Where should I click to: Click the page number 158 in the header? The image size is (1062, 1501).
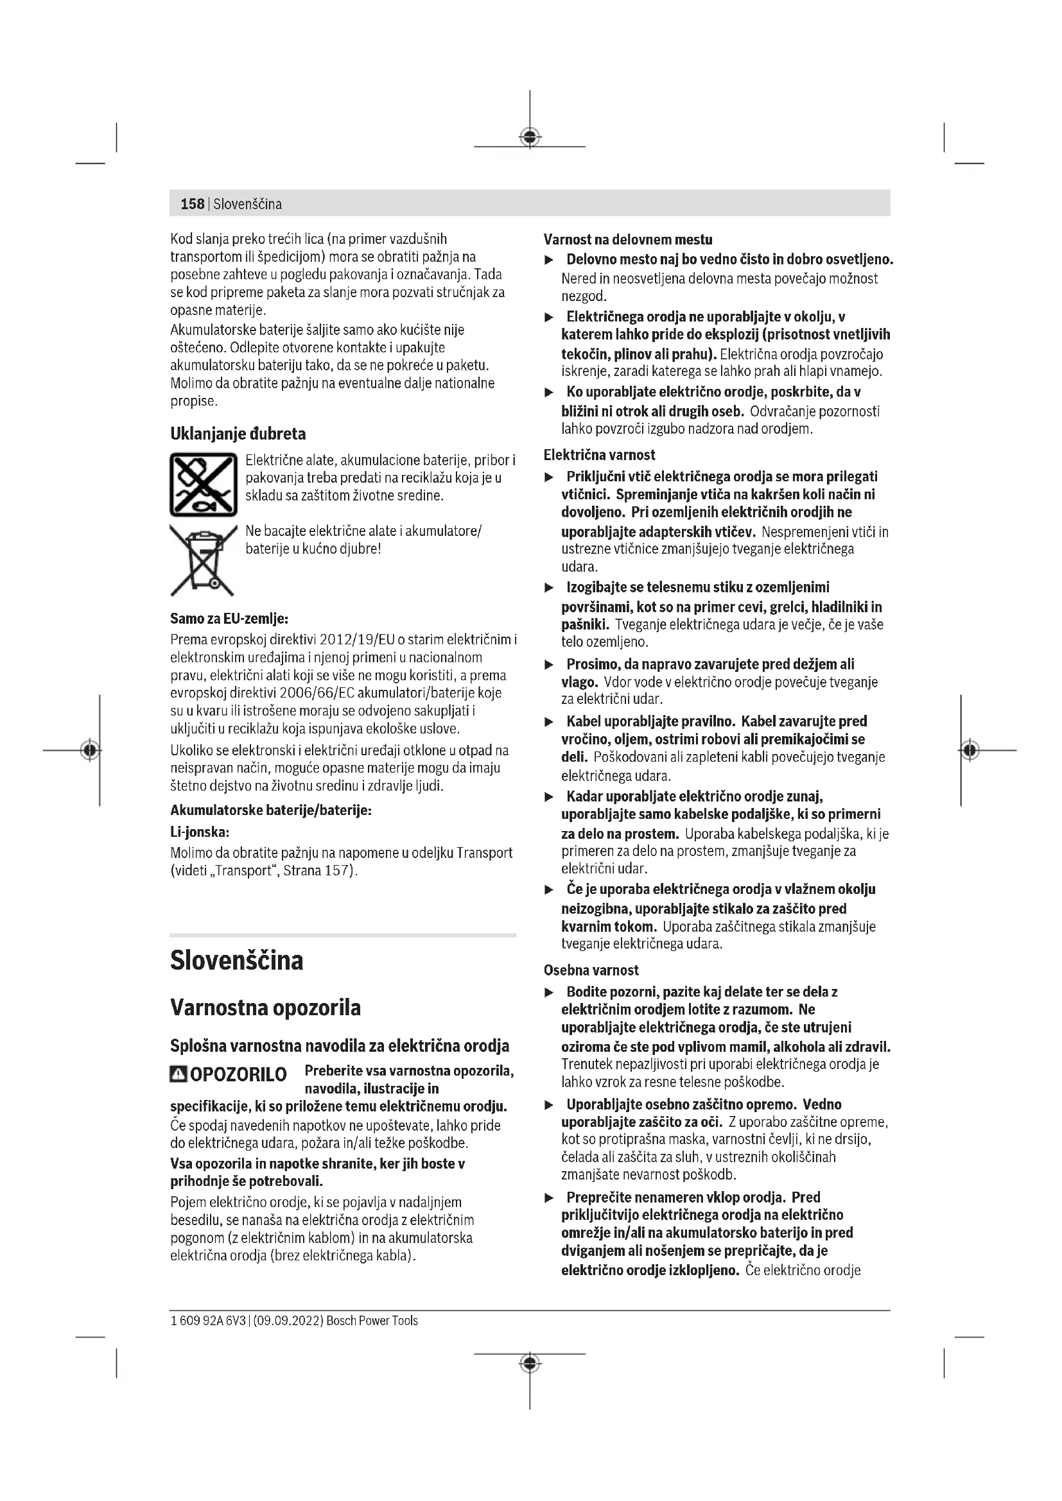click(x=192, y=204)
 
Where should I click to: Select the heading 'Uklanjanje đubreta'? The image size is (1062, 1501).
click(x=238, y=433)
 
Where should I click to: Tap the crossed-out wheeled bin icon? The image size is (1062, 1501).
click(x=202, y=560)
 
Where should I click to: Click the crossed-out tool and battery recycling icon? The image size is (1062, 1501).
click(x=203, y=485)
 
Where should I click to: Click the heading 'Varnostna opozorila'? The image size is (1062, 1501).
click(x=265, y=1008)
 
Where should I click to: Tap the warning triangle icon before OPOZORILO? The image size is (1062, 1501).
click(x=178, y=1074)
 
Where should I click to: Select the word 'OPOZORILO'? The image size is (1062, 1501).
click(x=238, y=1075)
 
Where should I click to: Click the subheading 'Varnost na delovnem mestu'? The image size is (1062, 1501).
click(x=628, y=239)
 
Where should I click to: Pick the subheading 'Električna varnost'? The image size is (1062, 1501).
click(x=599, y=455)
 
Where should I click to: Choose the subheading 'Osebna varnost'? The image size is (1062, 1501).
click(x=591, y=970)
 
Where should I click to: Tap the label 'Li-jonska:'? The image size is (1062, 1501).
click(x=200, y=832)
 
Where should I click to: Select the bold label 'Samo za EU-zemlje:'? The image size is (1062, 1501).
click(x=229, y=619)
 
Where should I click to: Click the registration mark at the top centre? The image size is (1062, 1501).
click(x=530, y=137)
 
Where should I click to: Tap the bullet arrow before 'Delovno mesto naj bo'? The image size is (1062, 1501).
click(x=550, y=260)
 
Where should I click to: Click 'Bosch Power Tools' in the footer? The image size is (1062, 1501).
click(x=372, y=1321)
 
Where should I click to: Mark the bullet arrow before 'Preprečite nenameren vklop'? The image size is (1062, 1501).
click(x=550, y=1197)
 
